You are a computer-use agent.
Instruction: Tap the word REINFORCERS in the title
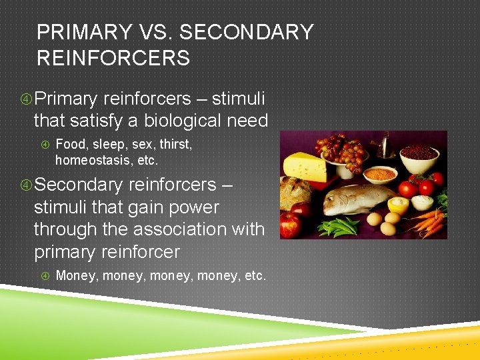[x=113, y=58]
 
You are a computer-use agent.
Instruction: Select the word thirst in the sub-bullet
[x=175, y=143]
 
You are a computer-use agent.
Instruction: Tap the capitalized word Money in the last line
[x=76, y=275]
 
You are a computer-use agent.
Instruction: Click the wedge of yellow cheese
[x=305, y=167]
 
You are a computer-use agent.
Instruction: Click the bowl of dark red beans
[x=418, y=154]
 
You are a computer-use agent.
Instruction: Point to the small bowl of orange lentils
[x=380, y=174]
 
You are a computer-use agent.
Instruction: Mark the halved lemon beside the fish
[x=398, y=203]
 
